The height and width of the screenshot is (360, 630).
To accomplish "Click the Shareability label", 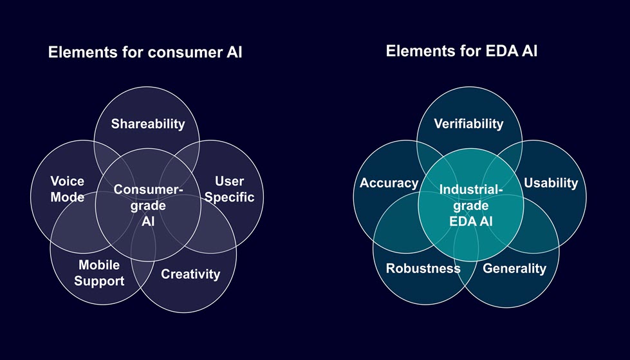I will point(147,124).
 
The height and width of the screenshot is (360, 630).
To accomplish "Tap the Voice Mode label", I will point(67,189).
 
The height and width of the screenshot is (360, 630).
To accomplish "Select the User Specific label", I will point(229,189).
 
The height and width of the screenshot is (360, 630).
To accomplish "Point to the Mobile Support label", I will point(99,273).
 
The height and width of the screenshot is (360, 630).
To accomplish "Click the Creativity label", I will point(190,274).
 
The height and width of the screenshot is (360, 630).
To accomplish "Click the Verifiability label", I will point(468,124).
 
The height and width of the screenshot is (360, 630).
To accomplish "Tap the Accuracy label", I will point(389,183).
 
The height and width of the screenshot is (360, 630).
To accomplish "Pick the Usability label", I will point(551,183).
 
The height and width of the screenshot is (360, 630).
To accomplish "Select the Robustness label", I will point(423,269).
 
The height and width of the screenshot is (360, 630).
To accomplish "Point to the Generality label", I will point(514,269).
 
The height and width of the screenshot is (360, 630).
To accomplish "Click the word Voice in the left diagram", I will point(67,182).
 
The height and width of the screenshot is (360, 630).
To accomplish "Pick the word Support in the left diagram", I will point(99,281).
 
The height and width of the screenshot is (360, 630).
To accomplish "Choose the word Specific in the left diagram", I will point(229,197).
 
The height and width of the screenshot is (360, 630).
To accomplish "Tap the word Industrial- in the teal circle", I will point(470,190).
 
